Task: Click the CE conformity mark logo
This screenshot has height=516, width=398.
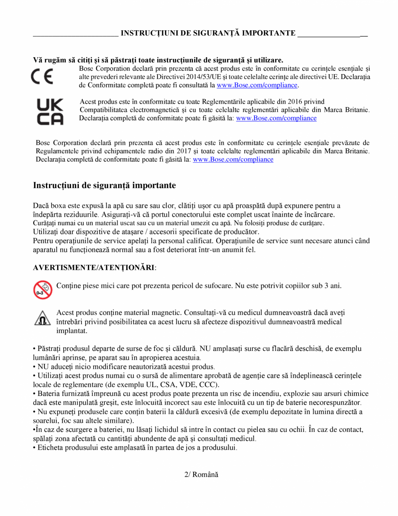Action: (42, 77)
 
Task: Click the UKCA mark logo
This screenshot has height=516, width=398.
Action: (50, 111)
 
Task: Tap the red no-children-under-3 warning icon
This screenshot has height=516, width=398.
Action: (42, 290)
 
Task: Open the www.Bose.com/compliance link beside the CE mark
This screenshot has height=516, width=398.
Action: (257, 85)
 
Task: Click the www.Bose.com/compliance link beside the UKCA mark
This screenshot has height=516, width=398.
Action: (276, 118)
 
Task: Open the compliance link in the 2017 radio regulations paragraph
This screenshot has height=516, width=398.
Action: (233, 159)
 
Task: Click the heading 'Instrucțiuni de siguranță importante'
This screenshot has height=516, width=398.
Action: (104, 186)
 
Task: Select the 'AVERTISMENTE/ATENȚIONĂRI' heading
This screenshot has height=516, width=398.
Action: (94, 268)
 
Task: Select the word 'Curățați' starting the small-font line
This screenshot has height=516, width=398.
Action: (44, 223)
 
